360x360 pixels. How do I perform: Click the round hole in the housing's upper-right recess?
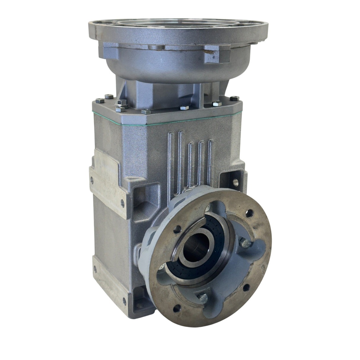coord(235,181)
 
